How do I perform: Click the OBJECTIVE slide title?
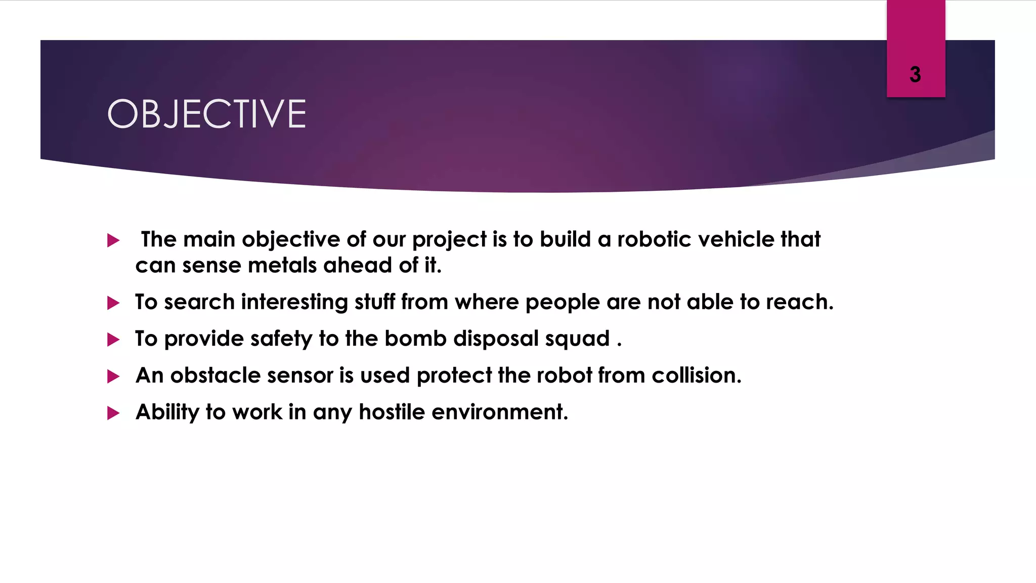point(206,114)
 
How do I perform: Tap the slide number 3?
point(915,75)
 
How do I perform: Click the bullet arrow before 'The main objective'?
point(113,240)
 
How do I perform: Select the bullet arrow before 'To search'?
point(113,303)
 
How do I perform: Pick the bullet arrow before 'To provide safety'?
point(113,340)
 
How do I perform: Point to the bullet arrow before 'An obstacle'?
point(113,377)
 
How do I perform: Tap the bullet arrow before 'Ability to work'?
point(113,413)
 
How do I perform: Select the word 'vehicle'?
point(736,239)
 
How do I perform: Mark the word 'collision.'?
point(696,376)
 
